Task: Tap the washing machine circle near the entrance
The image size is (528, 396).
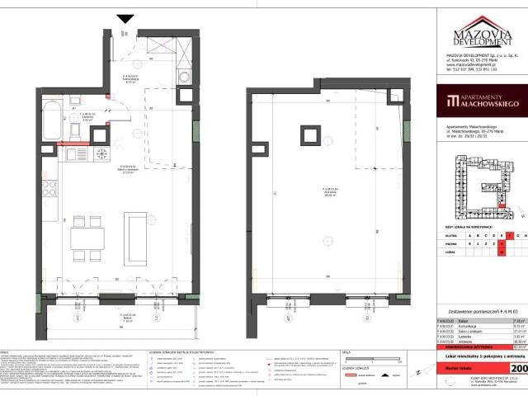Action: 186,80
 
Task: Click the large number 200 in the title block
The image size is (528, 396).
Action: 519,369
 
